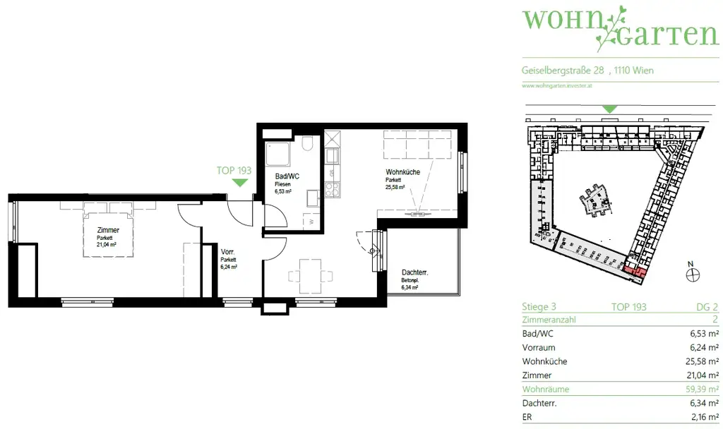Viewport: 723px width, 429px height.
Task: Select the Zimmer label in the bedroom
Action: coord(108,230)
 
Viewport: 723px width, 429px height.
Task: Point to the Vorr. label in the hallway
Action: coord(228,252)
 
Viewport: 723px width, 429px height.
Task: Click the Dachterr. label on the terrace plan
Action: coord(416,272)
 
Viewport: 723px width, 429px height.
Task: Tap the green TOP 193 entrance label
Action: coord(234,170)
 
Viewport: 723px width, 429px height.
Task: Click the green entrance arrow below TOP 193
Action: coord(241,183)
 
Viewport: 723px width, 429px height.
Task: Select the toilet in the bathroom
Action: coord(308,145)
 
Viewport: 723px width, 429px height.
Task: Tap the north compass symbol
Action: coord(693,275)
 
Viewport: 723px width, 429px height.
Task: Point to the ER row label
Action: coord(527,417)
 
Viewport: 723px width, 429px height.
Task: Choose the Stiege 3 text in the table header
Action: coord(539,307)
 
